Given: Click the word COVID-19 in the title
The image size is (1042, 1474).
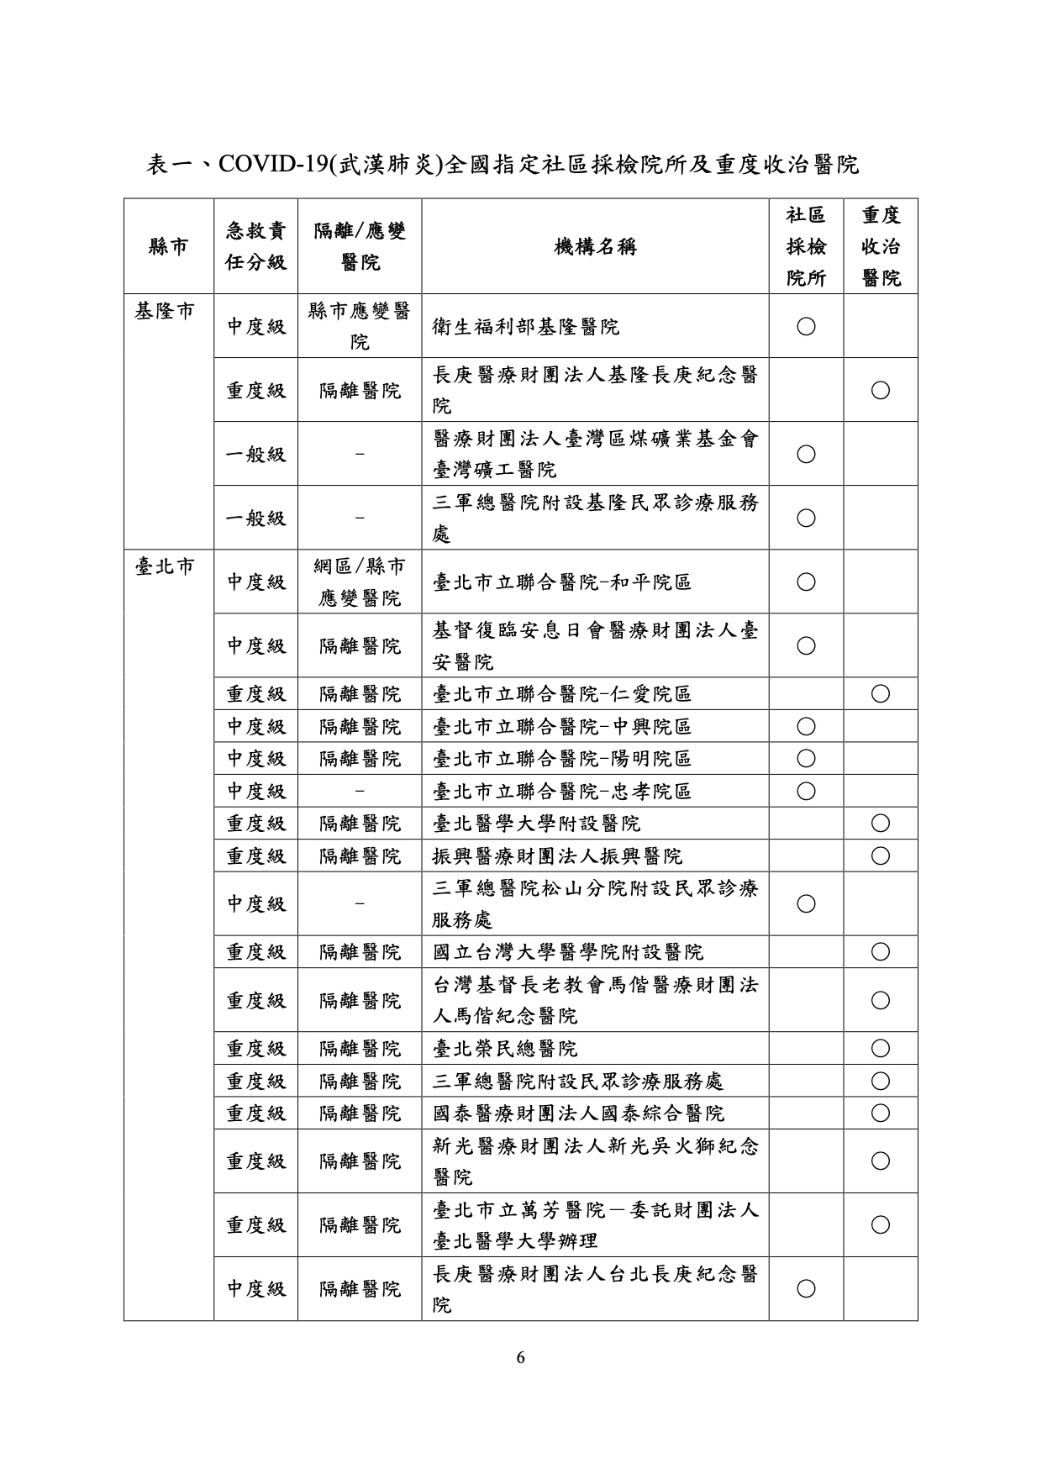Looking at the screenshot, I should coord(272,164).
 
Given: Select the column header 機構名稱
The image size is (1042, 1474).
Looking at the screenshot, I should coord(595,246).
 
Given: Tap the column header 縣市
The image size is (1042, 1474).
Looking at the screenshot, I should coord(168,246).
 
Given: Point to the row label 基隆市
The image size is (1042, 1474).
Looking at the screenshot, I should coord(165,311).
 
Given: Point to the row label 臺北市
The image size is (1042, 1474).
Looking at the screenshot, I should coord(165,566).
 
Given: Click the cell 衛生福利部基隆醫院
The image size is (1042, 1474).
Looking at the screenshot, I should coord(525,326).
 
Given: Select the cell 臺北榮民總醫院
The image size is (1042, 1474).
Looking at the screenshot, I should coord(504,1049).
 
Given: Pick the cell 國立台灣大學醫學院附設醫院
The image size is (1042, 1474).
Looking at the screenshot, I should coord(568,952).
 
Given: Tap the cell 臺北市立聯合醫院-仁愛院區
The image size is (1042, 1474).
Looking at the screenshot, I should coord(562,694).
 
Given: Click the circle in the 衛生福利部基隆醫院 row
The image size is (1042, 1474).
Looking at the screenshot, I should coord(805,326).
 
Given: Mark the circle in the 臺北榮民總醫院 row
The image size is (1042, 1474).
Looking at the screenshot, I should coord(880,1049).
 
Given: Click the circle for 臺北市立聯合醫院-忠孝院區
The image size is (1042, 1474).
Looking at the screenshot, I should coord(805,791).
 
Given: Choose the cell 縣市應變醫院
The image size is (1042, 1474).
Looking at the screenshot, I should coord(360,326).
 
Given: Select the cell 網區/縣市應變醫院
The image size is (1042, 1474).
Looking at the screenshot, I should coord(360,582).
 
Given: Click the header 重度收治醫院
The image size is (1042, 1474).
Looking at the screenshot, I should coord(881,246).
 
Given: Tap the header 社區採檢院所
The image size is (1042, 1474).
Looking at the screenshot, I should coord(805,246).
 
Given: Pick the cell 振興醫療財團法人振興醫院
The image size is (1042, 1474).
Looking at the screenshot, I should coord(557,856).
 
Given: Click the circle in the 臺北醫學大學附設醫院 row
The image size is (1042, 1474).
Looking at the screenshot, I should coord(880,824).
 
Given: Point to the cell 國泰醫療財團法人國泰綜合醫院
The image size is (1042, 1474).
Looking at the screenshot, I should coord(578,1113).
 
